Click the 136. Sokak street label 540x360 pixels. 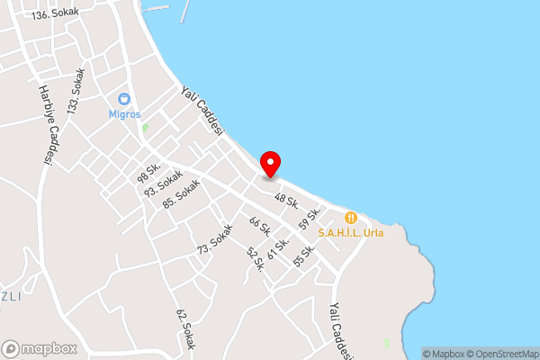click(55, 15)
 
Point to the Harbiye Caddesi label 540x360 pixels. click(44, 125)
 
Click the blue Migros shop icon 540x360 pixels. click(124, 99)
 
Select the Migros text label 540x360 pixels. click(124, 114)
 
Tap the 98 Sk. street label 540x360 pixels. click(148, 171)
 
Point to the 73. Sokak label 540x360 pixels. click(215, 238)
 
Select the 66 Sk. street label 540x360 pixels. click(259, 229)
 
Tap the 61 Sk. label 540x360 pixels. click(279, 244)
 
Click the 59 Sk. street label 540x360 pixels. click(311, 217)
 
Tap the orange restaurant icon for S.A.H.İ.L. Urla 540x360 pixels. click(351, 217)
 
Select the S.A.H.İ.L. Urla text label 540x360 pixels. click(351, 232)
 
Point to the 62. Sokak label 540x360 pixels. click(184, 329)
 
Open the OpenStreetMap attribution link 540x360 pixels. click(499, 354)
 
